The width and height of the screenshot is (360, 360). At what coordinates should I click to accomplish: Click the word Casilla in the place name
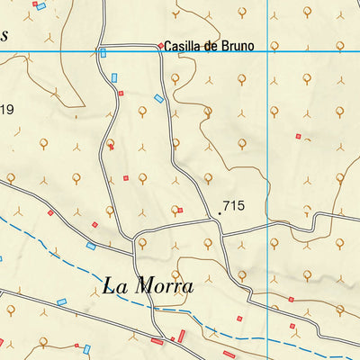click(x=186, y=45)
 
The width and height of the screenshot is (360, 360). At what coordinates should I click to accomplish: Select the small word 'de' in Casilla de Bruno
click(x=212, y=45)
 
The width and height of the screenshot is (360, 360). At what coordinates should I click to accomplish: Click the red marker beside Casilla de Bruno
click(x=161, y=46)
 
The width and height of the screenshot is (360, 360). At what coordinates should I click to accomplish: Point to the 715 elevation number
click(x=233, y=206)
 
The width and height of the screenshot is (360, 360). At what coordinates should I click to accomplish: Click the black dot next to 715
click(x=220, y=213)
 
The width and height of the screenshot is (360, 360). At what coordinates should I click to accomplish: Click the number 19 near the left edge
click(x=7, y=110)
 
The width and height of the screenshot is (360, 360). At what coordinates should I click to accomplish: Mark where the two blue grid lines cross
click(x=270, y=51)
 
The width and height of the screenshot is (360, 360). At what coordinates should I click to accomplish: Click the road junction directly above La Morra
click(x=139, y=241)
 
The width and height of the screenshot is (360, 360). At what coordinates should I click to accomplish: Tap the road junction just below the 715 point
click(x=222, y=234)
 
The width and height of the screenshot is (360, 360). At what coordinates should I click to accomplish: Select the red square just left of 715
click(x=180, y=211)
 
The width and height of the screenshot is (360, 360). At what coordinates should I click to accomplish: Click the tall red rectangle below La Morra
click(x=181, y=337)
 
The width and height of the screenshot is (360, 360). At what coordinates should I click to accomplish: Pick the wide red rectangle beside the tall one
click(x=157, y=342)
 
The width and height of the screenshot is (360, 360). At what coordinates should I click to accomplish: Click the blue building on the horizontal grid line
click(x=103, y=52)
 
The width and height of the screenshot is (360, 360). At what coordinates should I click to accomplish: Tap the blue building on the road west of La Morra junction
click(x=91, y=246)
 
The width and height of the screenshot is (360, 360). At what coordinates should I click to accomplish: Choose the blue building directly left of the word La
click(x=62, y=301)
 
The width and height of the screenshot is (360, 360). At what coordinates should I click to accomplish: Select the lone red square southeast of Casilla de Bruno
click(x=298, y=136)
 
